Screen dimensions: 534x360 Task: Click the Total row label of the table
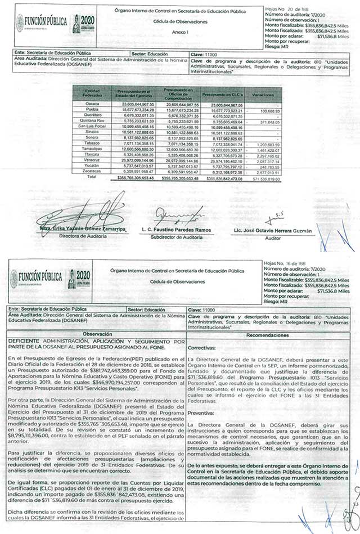pyautogui.click(x=92, y=177)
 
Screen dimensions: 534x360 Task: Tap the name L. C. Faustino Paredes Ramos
pyautogui.click(x=177, y=231)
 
